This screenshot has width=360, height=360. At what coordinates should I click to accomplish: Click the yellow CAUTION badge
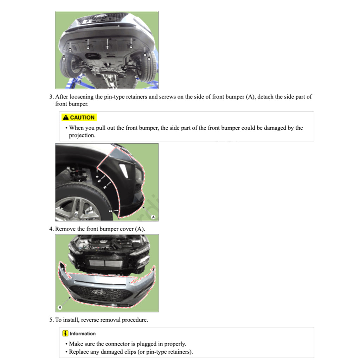click(78, 117)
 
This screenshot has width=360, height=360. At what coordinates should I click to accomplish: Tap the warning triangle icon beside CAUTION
click(65, 117)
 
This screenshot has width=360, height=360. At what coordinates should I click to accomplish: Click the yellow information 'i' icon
click(65, 333)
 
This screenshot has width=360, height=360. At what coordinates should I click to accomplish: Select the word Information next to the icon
click(83, 334)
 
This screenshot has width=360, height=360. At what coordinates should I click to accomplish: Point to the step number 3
click(51, 97)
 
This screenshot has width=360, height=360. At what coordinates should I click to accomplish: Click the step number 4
click(51, 229)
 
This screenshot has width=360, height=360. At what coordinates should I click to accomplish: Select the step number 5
click(51, 320)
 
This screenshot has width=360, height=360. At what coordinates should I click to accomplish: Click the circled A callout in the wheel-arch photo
click(153, 217)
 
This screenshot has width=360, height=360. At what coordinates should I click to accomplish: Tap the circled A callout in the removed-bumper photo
click(59, 307)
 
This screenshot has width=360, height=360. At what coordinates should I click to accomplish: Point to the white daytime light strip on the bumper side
click(124, 170)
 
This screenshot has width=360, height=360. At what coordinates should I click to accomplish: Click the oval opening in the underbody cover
click(93, 56)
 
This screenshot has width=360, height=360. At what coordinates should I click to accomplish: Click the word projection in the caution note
click(82, 135)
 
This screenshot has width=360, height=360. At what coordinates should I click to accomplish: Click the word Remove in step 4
click(65, 229)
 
